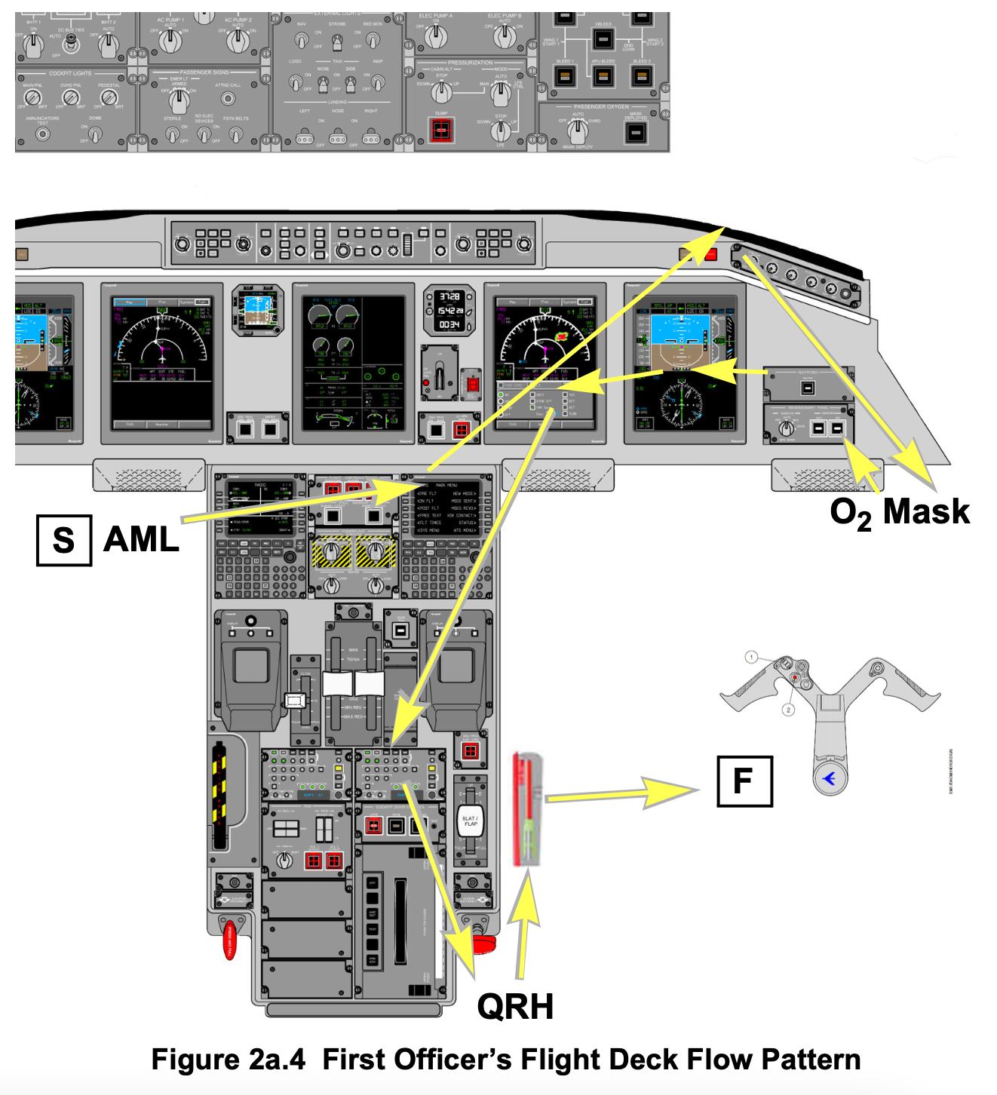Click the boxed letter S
tap(64, 540)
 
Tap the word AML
tap(141, 540)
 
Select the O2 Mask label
tap(899, 512)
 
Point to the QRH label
tap(515, 1007)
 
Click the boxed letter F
tap(744, 781)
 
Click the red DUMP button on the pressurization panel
tap(441, 130)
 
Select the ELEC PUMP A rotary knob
tap(434, 35)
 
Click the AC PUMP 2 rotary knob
tap(238, 41)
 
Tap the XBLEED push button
tap(603, 38)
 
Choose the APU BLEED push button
tap(603, 75)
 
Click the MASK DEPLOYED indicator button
tap(636, 132)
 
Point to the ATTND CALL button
tap(227, 99)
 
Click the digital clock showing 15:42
tap(449, 310)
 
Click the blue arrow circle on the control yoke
tap(830, 778)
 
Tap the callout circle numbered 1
tap(751, 657)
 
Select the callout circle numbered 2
tap(788, 710)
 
